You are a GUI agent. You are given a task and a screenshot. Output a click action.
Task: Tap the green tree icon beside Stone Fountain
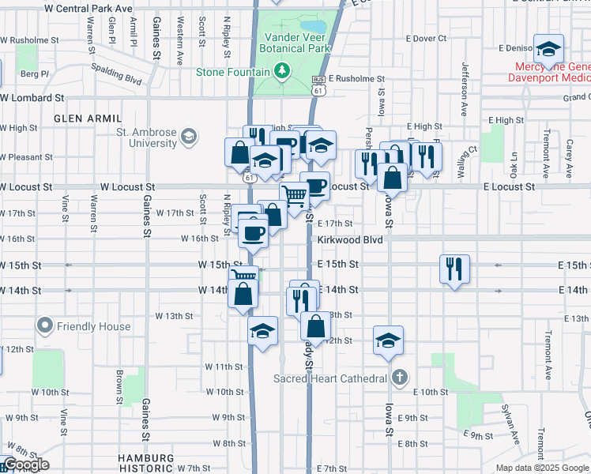(x=282, y=72)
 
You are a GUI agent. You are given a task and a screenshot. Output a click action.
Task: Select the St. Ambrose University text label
(x=147, y=137)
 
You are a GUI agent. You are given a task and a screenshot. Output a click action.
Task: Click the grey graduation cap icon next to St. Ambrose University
(x=188, y=137)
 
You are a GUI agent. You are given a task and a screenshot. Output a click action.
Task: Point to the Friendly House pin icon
(x=45, y=325)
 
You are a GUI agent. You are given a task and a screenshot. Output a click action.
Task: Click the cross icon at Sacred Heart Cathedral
(x=400, y=378)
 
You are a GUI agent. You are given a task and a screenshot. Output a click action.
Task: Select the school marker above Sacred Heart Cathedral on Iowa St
(x=388, y=340)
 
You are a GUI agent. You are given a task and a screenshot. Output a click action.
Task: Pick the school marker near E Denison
(x=548, y=49)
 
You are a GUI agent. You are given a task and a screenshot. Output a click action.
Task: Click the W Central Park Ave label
(x=88, y=8)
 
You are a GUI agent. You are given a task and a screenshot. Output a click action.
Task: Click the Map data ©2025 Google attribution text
(x=542, y=468)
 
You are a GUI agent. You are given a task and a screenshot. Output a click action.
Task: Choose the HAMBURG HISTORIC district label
(x=145, y=464)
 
